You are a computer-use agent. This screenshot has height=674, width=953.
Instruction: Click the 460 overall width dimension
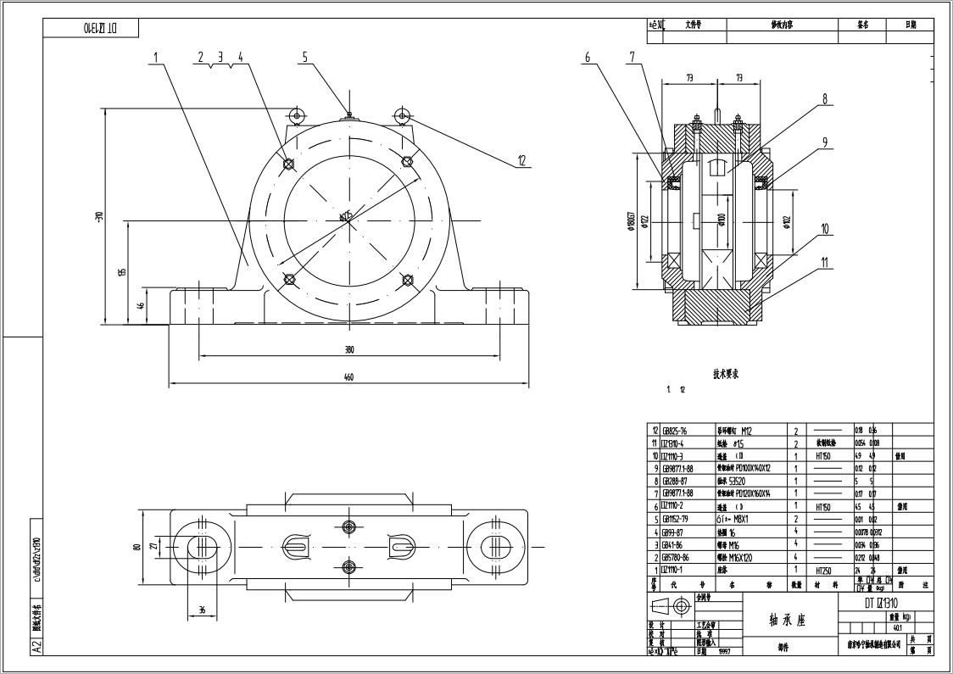(x=348, y=378)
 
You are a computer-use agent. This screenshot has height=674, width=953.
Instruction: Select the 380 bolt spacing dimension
(x=348, y=349)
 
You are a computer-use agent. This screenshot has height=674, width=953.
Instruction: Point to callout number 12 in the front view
(x=521, y=160)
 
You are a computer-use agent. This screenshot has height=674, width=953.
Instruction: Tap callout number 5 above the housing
(x=304, y=58)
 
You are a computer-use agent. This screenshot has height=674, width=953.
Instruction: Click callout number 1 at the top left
(x=156, y=58)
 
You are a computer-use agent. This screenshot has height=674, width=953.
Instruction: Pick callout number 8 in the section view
(x=823, y=99)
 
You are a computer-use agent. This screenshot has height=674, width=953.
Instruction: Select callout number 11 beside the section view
(x=823, y=263)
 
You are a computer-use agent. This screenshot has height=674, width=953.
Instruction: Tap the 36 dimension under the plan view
(x=202, y=610)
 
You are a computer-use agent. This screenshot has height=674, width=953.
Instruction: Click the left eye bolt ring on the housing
(x=296, y=115)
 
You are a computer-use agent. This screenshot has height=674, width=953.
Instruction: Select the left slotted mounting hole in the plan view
(x=202, y=546)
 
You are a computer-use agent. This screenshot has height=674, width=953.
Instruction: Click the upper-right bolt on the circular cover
(x=407, y=161)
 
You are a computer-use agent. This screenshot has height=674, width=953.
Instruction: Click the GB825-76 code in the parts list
(x=674, y=431)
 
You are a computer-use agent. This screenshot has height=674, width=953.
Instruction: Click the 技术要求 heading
(x=726, y=372)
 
